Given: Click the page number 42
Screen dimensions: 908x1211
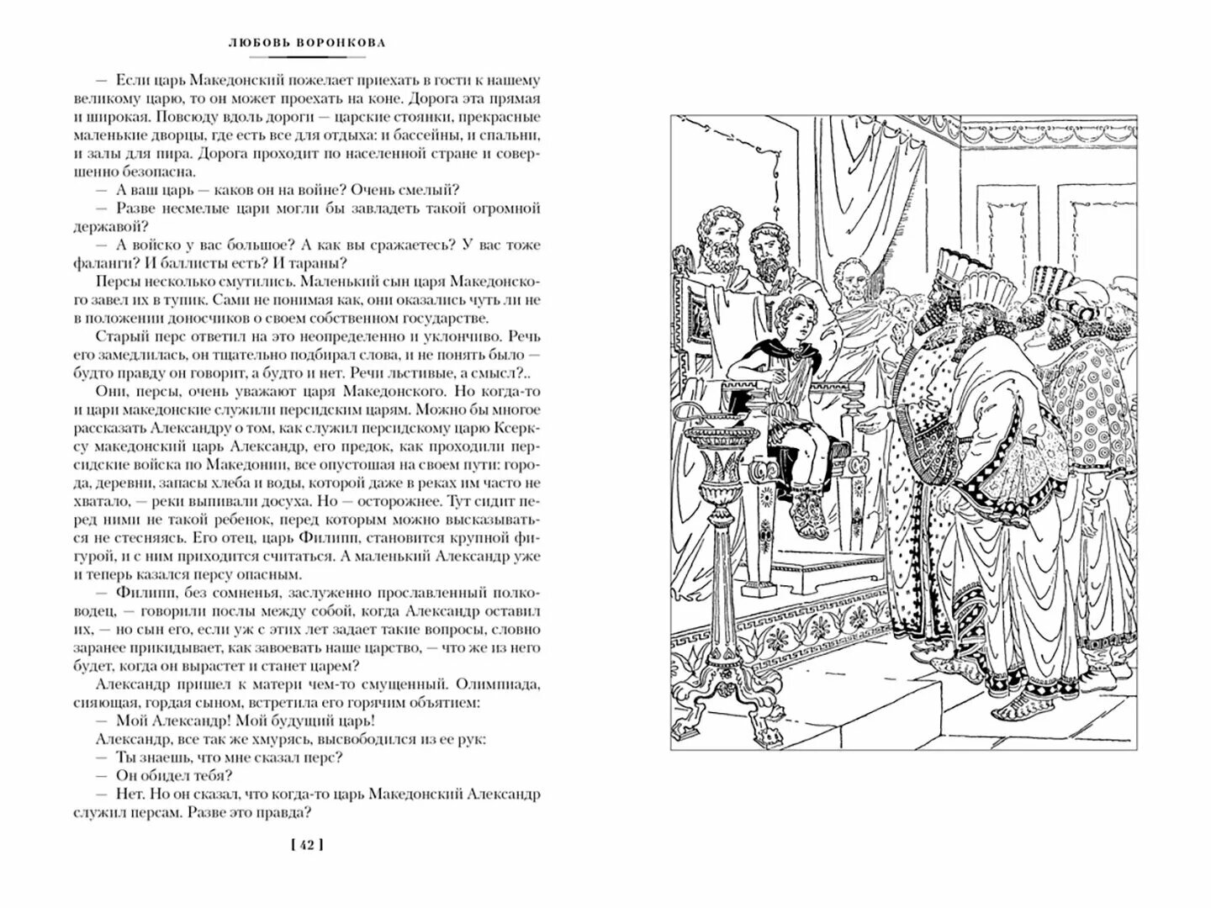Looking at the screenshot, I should tap(306, 845).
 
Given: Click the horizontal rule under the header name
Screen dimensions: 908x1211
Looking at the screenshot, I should tap(308, 57).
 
